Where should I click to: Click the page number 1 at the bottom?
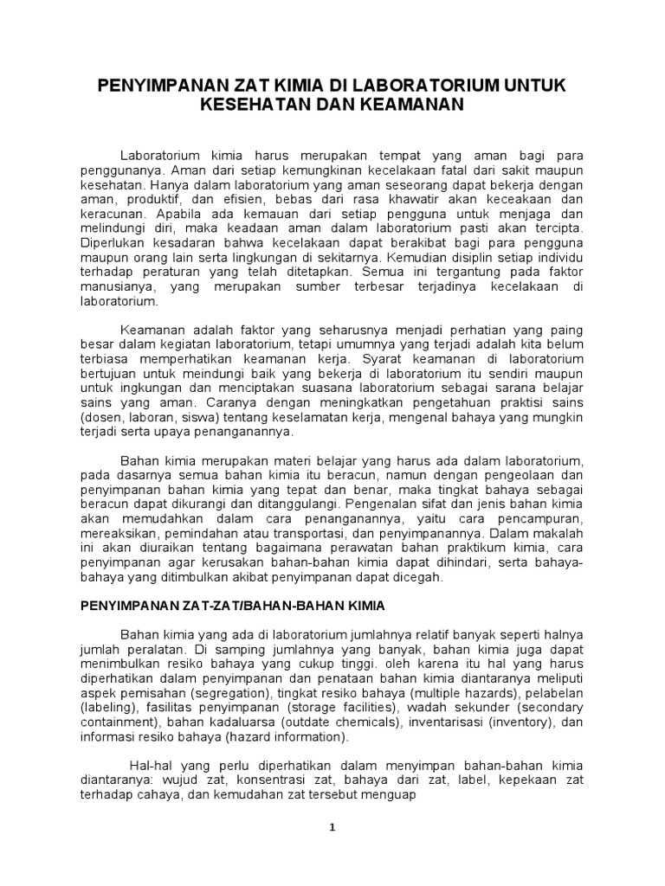[332, 827]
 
